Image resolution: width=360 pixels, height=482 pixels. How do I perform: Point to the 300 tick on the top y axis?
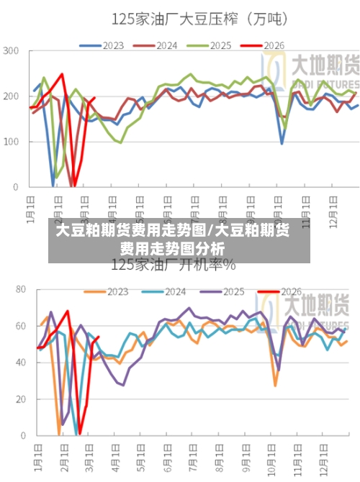click(12, 50)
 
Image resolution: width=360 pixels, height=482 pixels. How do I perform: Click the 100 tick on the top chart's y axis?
click(12, 142)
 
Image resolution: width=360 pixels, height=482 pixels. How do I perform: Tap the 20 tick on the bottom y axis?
click(21, 399)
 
